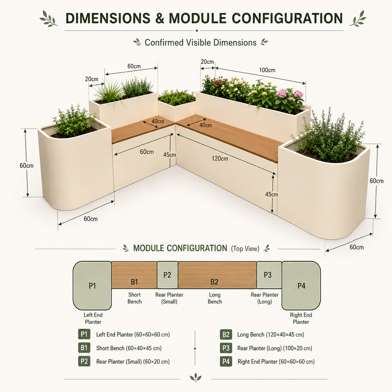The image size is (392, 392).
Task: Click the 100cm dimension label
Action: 267,70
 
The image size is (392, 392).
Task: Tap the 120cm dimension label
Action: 220,158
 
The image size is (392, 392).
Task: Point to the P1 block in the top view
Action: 92,285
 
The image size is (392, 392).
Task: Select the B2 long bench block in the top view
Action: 217,275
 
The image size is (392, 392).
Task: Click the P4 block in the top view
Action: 301,285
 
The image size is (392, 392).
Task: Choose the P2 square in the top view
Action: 167,275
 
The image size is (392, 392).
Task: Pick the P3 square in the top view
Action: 269,275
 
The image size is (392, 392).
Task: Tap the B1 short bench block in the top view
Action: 134,275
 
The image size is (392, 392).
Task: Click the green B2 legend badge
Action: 226,334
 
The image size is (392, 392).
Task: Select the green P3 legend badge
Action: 226,348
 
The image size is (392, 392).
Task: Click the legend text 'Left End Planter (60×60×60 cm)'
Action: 133,334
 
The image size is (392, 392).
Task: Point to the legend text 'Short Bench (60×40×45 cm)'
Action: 129,348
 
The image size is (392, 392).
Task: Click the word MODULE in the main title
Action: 198,18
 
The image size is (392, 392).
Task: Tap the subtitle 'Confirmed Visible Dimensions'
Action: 200,42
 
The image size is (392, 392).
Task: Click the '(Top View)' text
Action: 245,249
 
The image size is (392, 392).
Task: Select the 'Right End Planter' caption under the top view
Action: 301,318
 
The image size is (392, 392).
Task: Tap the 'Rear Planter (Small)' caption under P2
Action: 169,298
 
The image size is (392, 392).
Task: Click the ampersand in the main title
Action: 160,18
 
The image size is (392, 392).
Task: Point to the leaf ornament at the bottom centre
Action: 196,377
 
